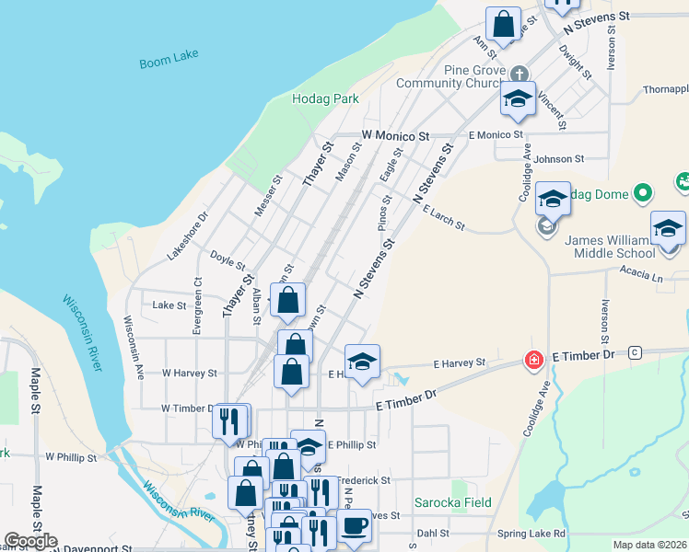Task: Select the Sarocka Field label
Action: pos(452,503)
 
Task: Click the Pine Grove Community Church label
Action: pos(449,77)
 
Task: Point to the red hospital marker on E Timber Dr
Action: pos(532,359)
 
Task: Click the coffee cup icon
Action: pos(354,526)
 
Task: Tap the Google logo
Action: pos(30,541)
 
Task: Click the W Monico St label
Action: pos(395,135)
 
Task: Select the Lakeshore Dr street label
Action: pos(189,236)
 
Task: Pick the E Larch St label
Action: pos(444,219)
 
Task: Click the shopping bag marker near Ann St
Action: pos(504,26)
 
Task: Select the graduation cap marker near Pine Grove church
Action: pos(518,99)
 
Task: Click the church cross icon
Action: pos(520,73)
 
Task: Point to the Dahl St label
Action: pos(432,533)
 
